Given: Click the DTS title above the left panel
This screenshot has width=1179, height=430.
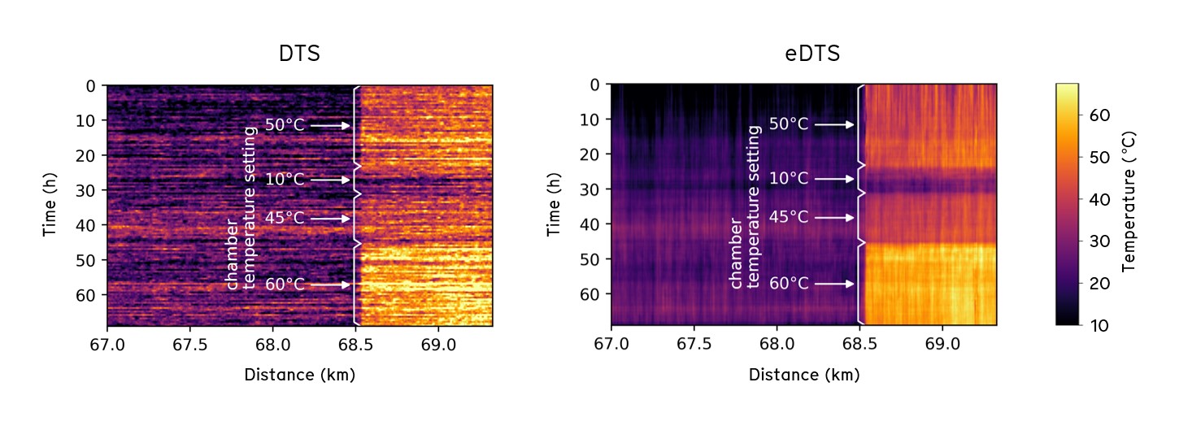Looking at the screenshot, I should (299, 54).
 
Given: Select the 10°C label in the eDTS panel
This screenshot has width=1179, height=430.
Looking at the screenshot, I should (789, 179).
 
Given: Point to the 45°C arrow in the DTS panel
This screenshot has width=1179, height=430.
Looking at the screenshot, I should (330, 219).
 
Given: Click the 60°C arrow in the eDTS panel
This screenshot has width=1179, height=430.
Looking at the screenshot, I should (834, 284).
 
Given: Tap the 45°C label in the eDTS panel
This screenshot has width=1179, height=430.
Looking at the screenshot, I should (789, 218).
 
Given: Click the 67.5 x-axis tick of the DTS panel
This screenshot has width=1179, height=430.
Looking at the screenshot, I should (189, 344).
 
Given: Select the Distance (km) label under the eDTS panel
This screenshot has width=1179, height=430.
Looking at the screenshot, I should (803, 376).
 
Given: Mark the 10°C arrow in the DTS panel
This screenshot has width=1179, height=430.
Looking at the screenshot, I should (330, 180).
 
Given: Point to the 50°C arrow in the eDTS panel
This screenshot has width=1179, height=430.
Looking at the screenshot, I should (834, 124).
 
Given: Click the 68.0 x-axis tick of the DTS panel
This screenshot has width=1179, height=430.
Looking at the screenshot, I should (272, 344).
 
